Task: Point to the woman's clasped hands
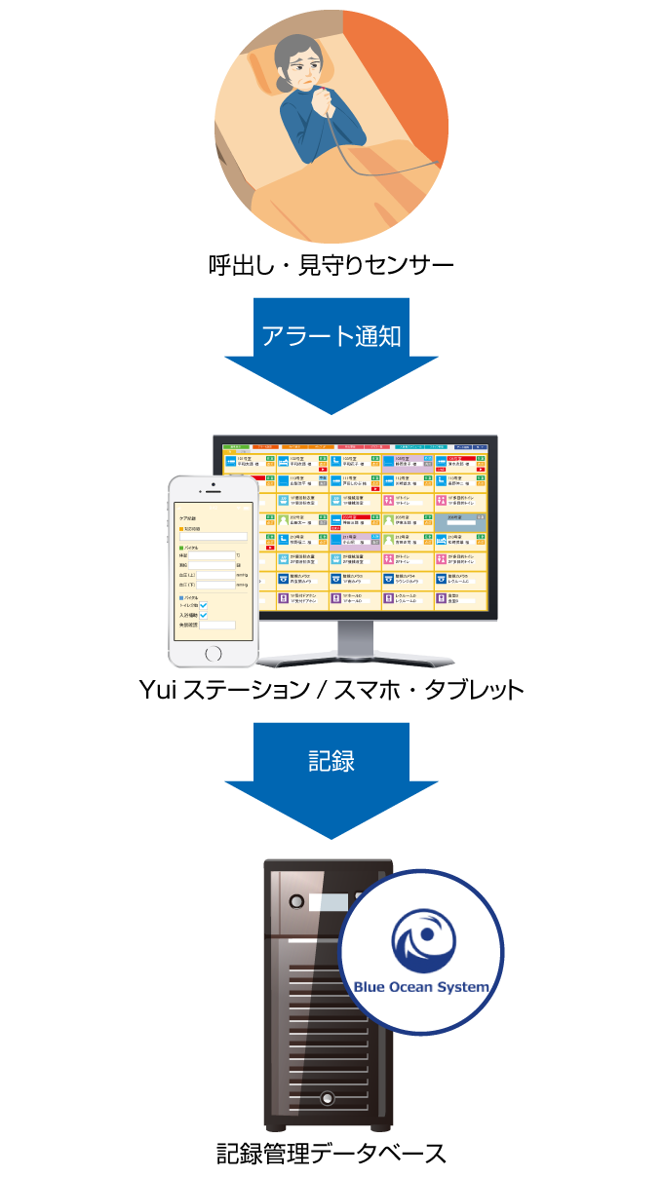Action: click(x=323, y=95)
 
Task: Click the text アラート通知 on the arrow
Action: click(x=331, y=336)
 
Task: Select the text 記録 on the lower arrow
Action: click(x=331, y=761)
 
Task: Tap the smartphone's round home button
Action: click(x=213, y=653)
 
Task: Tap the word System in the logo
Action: click(x=464, y=987)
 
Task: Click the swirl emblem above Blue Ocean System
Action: click(x=423, y=937)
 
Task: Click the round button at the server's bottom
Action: click(x=328, y=1097)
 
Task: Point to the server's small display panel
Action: click(x=328, y=902)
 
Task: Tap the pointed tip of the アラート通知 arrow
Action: click(x=331, y=411)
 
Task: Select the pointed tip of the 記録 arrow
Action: click(x=331, y=836)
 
